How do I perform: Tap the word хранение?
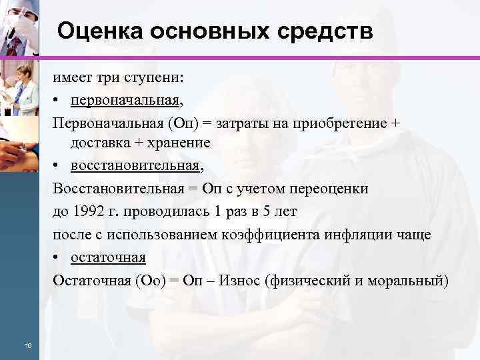pyautogui.click(x=181, y=143)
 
